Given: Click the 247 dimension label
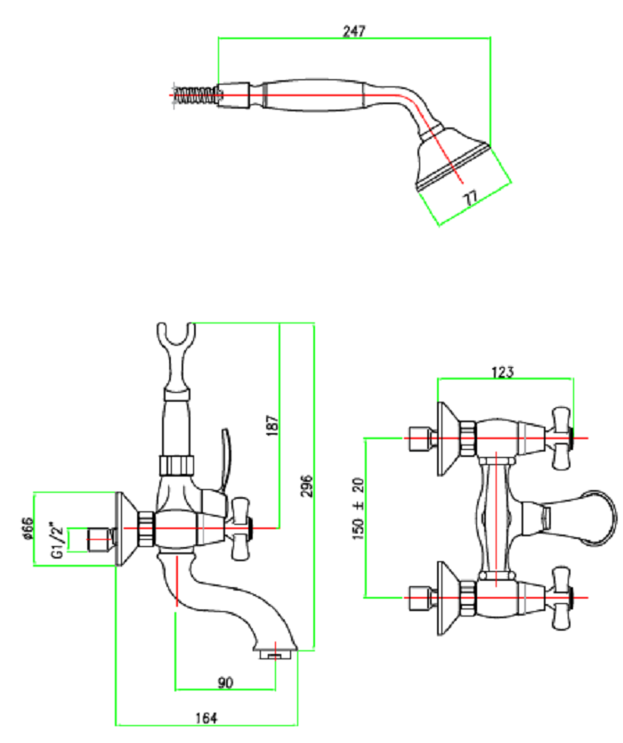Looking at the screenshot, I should [354, 30].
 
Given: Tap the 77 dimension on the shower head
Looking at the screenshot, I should [471, 197].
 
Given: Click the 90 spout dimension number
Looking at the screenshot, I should [225, 683].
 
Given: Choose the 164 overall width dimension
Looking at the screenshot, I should [206, 718].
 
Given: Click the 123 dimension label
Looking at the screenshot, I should [504, 372].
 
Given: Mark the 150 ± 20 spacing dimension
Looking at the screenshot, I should [358, 508].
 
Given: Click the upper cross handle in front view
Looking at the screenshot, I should [561, 437].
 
